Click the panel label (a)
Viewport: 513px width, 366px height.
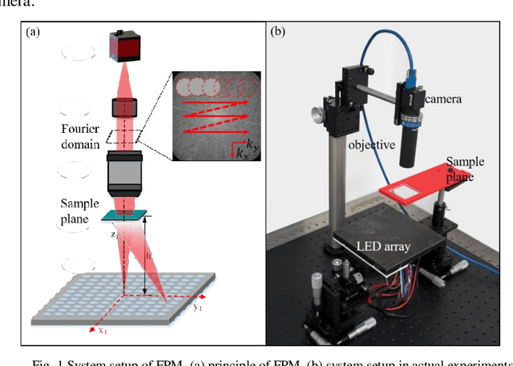click(x=34, y=33)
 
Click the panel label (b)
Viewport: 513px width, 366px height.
click(x=277, y=33)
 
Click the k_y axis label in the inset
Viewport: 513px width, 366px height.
click(x=253, y=144)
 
